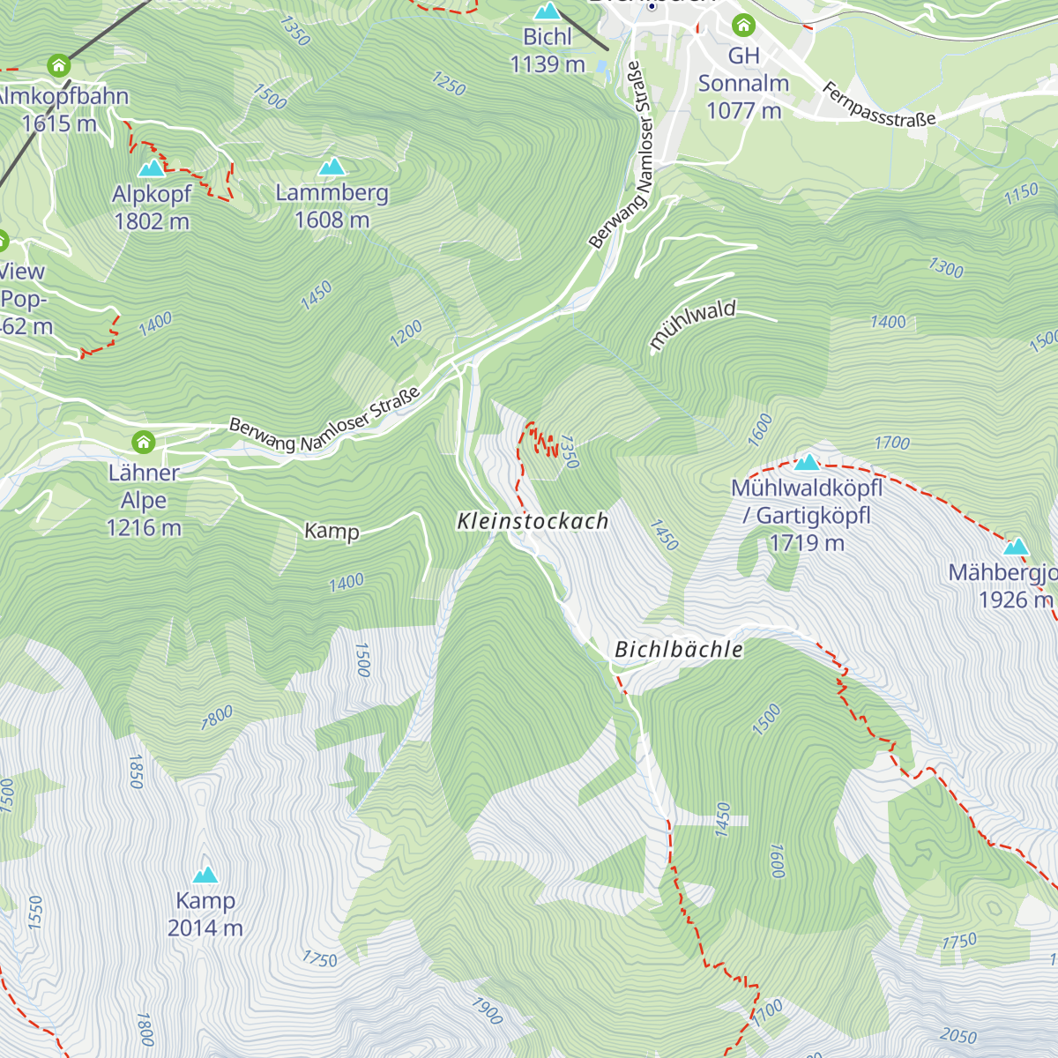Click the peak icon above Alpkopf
(152, 168)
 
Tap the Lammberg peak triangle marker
(332, 167)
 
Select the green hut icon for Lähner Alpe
(143, 442)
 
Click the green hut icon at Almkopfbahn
(58, 65)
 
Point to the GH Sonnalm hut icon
(744, 25)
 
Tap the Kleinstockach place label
(533, 521)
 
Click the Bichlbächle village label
(678, 650)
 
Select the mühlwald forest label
(692, 324)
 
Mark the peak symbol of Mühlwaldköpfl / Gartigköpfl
(807, 462)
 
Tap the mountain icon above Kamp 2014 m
(205, 875)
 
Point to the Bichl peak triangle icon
(548, 11)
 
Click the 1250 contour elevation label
(449, 83)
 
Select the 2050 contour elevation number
(957, 1035)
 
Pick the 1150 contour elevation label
(1021, 194)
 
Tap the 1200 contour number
(406, 333)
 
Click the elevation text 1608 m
(332, 220)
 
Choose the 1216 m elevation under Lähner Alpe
(144, 528)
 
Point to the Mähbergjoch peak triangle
(1017, 547)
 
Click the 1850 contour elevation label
(135, 771)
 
